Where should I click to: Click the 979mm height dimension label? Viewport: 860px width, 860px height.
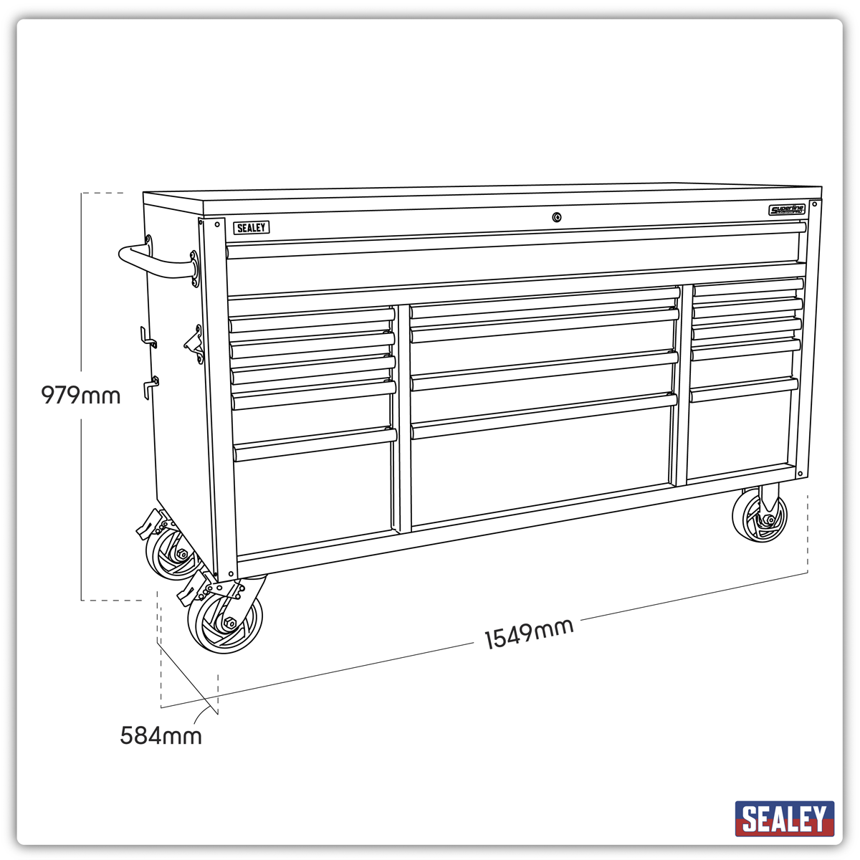(x=81, y=395)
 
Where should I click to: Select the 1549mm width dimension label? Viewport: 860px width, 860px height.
(x=529, y=634)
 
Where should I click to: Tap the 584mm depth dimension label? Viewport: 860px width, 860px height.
(x=161, y=736)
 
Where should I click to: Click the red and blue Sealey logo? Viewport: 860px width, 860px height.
(x=784, y=818)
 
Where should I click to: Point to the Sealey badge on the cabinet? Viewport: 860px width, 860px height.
(x=251, y=228)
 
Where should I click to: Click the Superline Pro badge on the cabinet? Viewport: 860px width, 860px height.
(x=787, y=210)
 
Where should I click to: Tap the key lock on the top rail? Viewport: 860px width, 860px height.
(x=557, y=217)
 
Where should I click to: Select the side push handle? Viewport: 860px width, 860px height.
(x=154, y=261)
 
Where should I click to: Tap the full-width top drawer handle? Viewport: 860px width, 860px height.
(x=516, y=239)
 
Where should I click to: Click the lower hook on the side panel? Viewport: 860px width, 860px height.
(x=150, y=385)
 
